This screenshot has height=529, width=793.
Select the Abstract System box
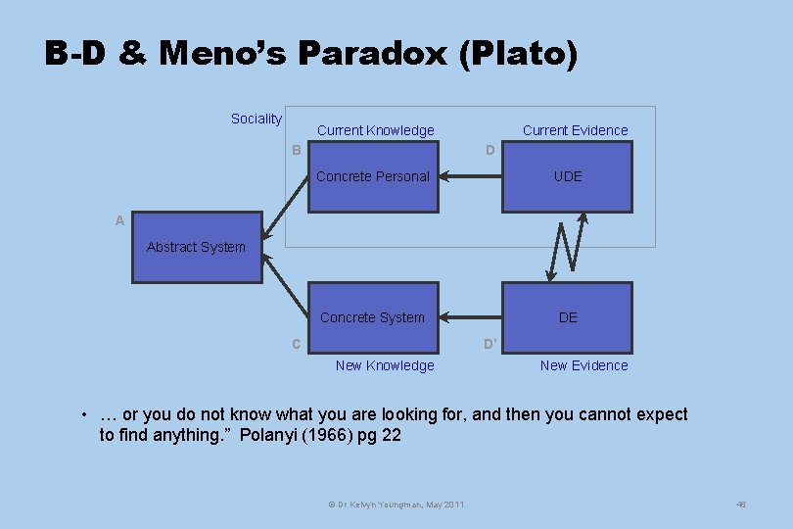point(197,247)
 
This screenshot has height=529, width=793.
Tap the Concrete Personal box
point(373,176)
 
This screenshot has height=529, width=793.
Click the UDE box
point(568,176)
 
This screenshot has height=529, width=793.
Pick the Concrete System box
point(373,317)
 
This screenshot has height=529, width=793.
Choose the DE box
point(568,317)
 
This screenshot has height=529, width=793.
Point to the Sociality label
point(257,119)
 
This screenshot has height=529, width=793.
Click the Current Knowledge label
point(376,130)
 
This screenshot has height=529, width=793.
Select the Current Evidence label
point(576,130)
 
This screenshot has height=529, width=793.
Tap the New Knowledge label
point(385,365)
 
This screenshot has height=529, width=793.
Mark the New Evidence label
point(584,365)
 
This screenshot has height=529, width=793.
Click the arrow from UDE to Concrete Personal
point(470,177)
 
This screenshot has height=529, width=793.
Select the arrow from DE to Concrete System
point(470,317)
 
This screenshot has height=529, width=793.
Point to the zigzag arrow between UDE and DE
point(569,246)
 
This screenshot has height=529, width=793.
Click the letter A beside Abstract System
point(119,221)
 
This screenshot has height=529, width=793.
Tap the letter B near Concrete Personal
point(297,150)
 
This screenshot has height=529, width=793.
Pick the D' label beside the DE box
point(490,344)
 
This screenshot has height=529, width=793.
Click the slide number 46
point(741,505)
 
